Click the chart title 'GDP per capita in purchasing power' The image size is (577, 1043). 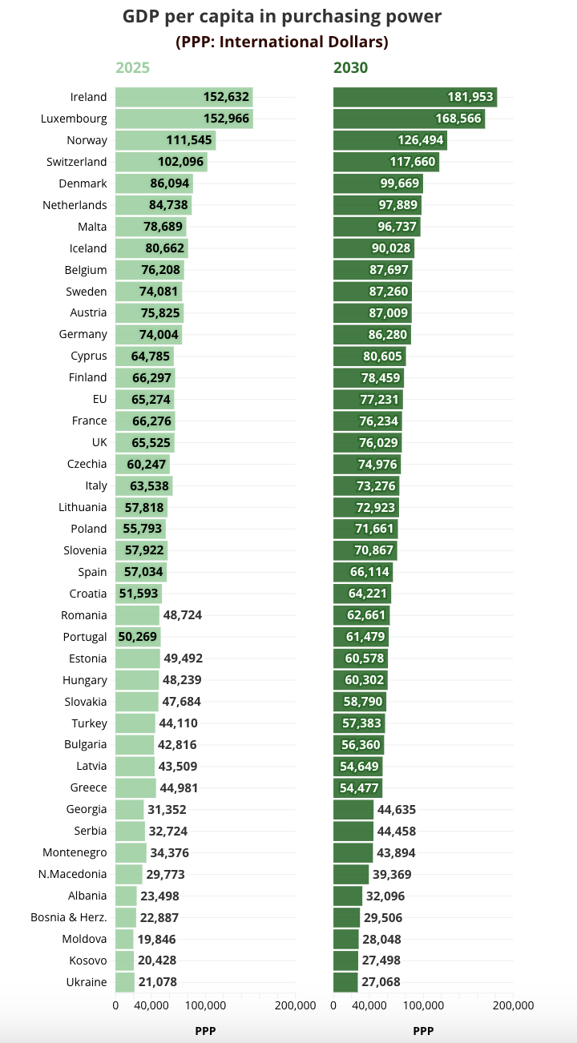click(x=282, y=16)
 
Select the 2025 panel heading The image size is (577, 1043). click(x=132, y=68)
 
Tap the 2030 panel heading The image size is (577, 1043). click(x=350, y=68)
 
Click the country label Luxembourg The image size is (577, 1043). click(x=74, y=119)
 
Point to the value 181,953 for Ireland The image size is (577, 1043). click(x=470, y=97)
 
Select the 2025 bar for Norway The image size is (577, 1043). click(x=165, y=140)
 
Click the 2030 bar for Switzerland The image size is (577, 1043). click(x=385, y=162)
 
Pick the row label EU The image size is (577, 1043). click(x=99, y=399)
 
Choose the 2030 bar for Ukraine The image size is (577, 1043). click(x=345, y=982)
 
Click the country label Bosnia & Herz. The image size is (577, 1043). click(x=69, y=917)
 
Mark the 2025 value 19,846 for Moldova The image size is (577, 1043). click(x=156, y=939)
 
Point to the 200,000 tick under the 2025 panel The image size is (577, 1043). click(x=295, y=1005)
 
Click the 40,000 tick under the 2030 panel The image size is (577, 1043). click(x=369, y=1005)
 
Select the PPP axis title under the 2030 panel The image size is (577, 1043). click(x=423, y=1031)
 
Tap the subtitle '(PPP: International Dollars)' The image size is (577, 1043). click(x=282, y=41)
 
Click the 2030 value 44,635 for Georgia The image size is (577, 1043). click(x=396, y=809)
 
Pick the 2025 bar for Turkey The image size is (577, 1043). click(x=135, y=723)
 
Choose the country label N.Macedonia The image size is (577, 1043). click(x=72, y=874)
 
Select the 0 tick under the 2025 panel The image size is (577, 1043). click(x=115, y=1005)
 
